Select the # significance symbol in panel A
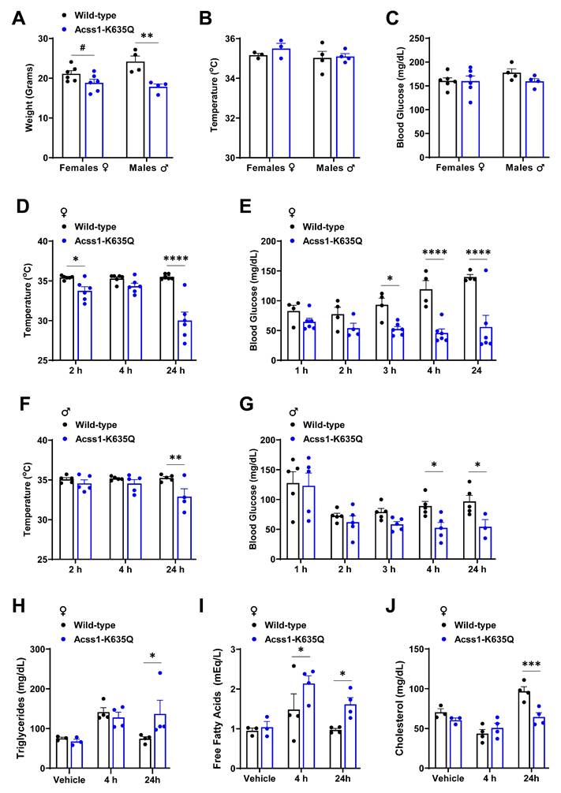click(82, 47)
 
